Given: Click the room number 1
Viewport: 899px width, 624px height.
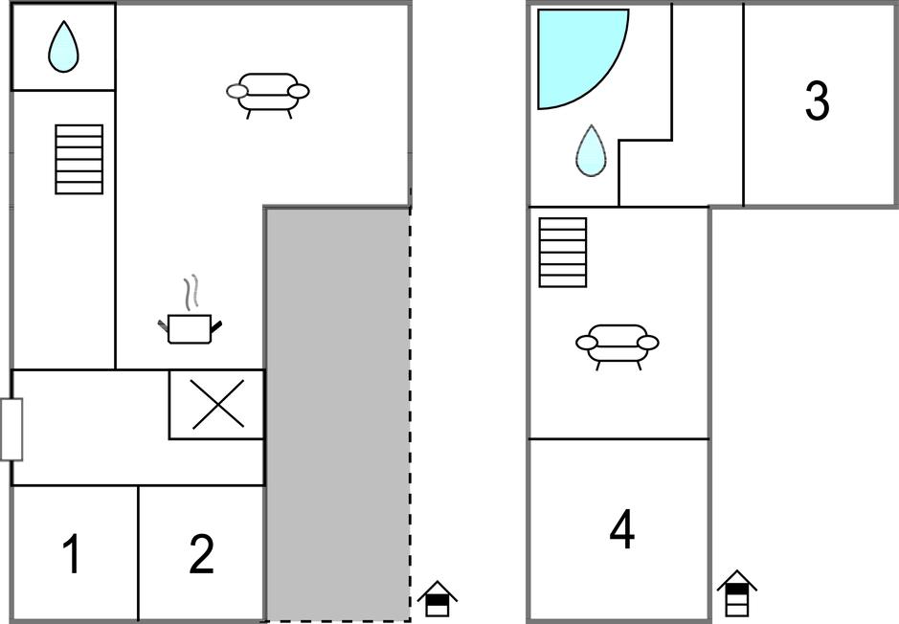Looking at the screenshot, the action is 72,553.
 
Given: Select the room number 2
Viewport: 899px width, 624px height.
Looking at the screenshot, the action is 202,553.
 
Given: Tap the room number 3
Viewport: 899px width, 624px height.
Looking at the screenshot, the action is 817,100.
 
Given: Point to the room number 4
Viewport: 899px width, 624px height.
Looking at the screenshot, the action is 622,529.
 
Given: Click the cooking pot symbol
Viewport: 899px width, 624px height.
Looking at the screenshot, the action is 190,328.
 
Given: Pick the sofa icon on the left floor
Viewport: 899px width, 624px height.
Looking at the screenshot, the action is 268,95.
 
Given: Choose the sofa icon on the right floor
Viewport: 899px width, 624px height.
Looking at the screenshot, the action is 618,346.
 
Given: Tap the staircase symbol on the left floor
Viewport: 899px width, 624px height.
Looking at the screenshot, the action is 79,159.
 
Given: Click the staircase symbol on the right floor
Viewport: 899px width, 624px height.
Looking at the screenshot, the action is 563,252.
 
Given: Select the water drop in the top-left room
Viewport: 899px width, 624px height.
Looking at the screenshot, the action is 63,48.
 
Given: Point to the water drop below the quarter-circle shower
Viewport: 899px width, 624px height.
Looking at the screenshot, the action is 591,150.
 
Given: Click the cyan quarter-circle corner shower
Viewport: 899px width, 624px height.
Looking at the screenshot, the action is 573,52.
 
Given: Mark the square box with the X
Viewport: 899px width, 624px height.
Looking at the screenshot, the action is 216,405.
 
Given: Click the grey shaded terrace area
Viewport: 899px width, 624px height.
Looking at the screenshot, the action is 338,413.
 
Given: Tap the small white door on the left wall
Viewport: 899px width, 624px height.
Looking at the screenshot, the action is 11,429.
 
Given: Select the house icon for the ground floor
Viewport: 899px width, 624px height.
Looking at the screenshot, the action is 438,599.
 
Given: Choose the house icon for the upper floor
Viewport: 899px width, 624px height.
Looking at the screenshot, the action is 737,593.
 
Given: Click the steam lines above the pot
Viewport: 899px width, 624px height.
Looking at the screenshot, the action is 191,293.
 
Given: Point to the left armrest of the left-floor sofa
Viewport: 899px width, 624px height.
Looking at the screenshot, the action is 237,91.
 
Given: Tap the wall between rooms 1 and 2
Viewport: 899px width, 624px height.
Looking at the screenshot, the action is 138,553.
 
